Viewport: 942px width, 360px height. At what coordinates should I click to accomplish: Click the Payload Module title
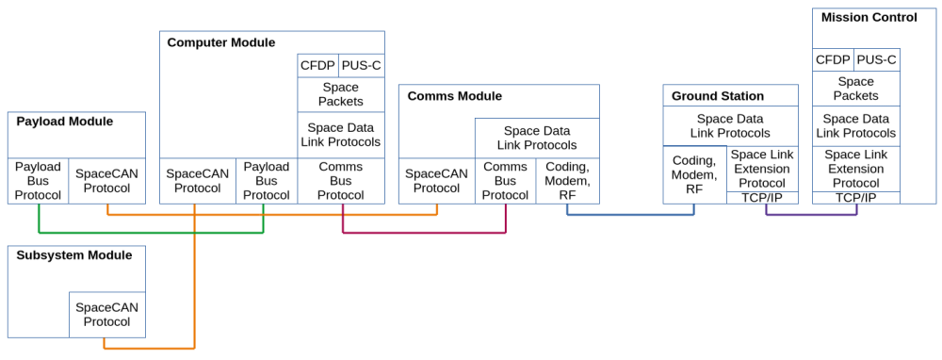coord(64,122)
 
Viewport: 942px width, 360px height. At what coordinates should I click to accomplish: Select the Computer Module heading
coord(221,42)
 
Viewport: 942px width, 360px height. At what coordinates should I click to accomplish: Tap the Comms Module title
coord(455,96)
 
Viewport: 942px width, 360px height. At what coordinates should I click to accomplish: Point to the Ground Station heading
coord(718,96)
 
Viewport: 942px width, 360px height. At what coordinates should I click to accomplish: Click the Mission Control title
coord(869,17)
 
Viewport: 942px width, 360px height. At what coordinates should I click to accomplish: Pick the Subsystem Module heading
coord(73,254)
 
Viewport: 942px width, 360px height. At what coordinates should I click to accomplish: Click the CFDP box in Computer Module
coord(318,66)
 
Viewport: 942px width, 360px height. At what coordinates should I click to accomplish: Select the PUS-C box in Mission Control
coord(876,60)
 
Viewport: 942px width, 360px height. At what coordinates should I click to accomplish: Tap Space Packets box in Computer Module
coord(341,94)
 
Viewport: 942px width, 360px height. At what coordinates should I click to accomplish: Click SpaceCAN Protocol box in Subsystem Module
coord(107,315)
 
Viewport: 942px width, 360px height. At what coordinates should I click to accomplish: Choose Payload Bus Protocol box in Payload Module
coord(39,181)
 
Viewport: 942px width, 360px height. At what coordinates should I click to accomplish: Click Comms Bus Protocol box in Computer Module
coord(341,181)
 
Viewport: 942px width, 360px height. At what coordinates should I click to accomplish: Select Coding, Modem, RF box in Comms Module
coord(567,181)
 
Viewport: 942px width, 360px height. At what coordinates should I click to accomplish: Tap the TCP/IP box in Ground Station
coord(762,198)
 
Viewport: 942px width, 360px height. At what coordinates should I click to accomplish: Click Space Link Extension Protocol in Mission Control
coord(856,169)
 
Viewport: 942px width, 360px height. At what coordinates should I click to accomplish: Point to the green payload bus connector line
coord(151,232)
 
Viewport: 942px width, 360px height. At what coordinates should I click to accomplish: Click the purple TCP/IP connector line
coord(812,214)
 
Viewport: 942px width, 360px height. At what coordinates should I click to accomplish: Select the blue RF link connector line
coord(631,214)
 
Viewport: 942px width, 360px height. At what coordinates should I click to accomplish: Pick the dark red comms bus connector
coord(424,232)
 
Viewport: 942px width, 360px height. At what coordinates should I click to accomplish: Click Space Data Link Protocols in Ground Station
coord(731,126)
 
